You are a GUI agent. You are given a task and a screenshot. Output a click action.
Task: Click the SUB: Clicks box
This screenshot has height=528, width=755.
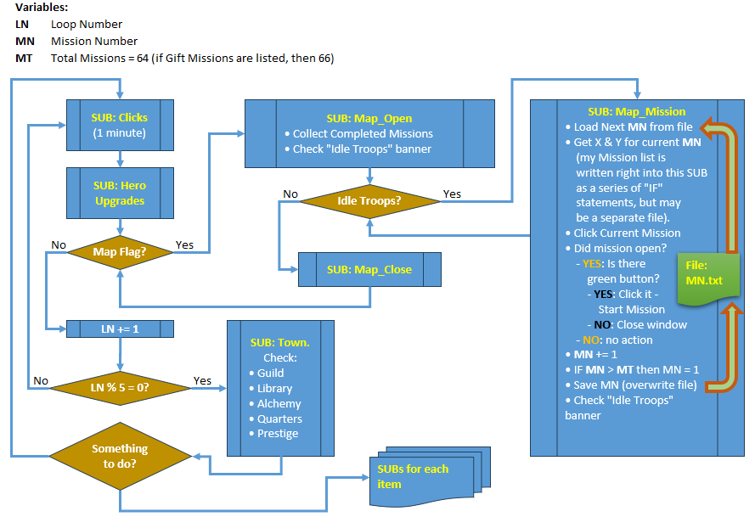coord(120,125)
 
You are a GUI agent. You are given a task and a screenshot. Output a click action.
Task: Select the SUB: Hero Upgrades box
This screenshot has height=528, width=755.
coord(120,193)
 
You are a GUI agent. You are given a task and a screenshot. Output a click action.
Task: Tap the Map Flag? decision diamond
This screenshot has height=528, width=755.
coord(120,252)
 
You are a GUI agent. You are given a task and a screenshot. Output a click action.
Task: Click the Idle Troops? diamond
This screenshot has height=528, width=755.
coord(369,200)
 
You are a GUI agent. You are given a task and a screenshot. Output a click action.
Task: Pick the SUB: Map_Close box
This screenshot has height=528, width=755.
coord(369,270)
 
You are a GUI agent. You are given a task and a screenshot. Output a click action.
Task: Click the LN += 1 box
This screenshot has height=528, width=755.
coord(120,329)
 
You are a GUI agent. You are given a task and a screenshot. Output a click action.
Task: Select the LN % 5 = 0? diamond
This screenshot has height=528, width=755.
coord(120,388)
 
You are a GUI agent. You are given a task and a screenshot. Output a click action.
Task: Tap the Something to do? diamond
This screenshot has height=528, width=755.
coord(120,456)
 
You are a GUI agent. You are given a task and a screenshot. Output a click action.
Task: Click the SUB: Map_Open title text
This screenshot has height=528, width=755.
coord(369,118)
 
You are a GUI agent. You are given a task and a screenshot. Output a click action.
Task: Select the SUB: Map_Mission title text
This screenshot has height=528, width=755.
coord(637,112)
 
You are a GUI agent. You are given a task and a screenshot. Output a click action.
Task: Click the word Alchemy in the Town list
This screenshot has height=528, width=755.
coord(279,403)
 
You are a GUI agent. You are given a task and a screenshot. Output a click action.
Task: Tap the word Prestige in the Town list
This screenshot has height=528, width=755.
coord(278,433)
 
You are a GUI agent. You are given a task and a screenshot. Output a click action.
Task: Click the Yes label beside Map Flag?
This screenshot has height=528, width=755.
coord(184,244)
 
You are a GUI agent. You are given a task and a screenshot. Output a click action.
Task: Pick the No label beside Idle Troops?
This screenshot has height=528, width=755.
coord(290,194)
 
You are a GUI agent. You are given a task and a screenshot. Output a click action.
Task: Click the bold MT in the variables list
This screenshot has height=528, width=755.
coord(24,59)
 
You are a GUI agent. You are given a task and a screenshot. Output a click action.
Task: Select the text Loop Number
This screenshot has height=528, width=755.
coord(87,24)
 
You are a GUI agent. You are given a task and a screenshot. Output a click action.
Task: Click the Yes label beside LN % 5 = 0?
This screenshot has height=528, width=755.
coord(202,380)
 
